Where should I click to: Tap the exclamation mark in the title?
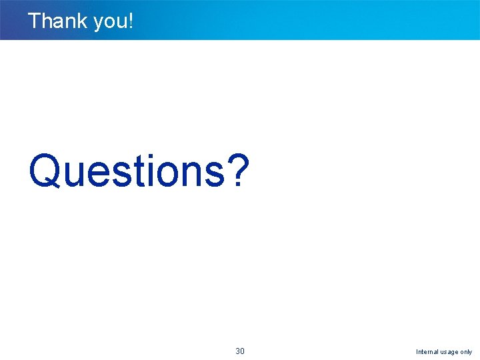(x=131, y=21)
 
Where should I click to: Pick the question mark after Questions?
(x=237, y=171)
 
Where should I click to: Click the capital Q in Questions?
(x=45, y=171)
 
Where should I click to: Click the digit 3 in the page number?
(x=238, y=351)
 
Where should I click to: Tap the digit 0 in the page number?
(x=243, y=351)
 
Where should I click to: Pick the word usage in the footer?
(x=449, y=353)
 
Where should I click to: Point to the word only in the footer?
(x=466, y=352)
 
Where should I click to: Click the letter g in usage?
(x=453, y=353)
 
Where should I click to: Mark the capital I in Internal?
(x=417, y=352)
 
